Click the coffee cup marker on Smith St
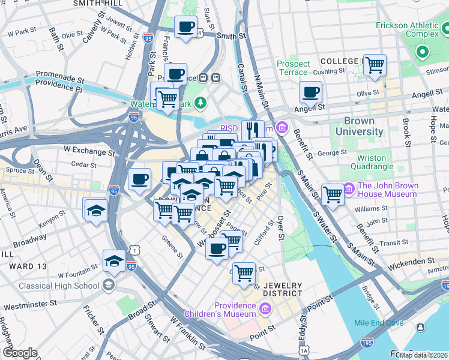[x=185, y=26]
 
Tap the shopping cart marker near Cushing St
[x=375, y=64]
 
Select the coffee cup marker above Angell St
[x=310, y=92]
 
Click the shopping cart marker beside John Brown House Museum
[x=333, y=194]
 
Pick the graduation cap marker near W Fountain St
[x=114, y=260]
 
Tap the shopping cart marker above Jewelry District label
[x=244, y=273]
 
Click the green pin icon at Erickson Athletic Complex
[x=422, y=52]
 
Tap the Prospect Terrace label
[x=294, y=68]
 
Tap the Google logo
[x=20, y=353]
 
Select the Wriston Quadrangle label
[x=366, y=162]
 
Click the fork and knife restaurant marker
[x=253, y=130]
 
